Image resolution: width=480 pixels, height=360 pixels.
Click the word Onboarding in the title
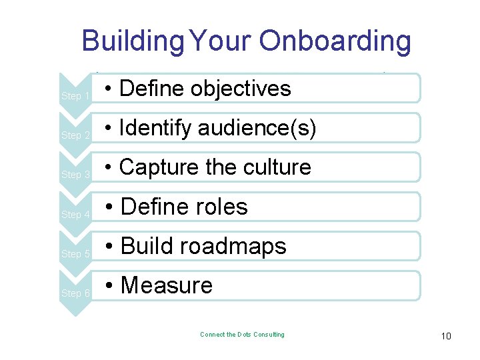click(x=335, y=41)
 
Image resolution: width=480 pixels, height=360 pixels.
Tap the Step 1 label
click(x=75, y=96)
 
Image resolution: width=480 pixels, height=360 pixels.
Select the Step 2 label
click(x=75, y=135)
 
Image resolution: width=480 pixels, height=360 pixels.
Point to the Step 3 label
click(x=75, y=175)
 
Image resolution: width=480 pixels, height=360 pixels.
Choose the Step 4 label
click(x=75, y=215)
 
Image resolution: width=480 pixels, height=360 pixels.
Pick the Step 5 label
click(x=75, y=254)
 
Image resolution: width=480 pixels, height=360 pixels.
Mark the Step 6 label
click(x=75, y=293)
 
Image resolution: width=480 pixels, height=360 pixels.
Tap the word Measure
click(x=167, y=286)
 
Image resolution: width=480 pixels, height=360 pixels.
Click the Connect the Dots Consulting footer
click(x=242, y=335)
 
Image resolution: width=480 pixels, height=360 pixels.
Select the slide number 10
click(x=446, y=336)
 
